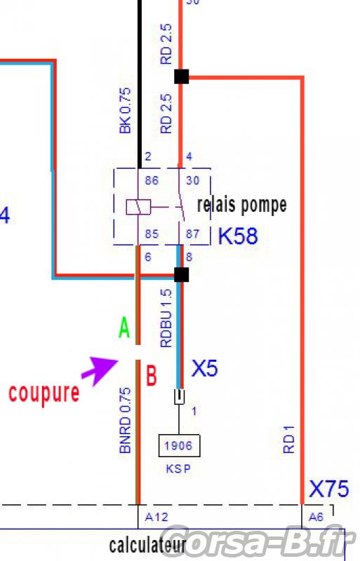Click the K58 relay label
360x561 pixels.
point(238,236)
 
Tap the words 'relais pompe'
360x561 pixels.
point(242,205)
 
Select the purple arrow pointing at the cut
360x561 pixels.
point(100,370)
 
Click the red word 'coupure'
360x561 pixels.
point(44,393)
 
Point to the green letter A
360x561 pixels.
point(124,327)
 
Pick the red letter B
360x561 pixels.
point(152,375)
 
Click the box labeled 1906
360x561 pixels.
point(179,446)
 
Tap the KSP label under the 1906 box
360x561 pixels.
point(178,468)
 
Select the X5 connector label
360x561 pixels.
point(204,368)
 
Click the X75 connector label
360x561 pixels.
point(328,489)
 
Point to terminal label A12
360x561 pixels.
point(156,517)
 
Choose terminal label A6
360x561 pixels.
point(316,517)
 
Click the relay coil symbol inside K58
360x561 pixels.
point(138,207)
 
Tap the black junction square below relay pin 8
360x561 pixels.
point(181,274)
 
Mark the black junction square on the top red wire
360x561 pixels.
point(181,76)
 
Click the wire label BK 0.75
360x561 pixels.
point(125,111)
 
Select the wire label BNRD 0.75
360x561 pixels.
point(125,420)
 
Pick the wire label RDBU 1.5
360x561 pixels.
point(166,318)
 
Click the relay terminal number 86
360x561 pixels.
point(152,180)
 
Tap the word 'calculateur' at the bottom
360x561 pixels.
point(147,546)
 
